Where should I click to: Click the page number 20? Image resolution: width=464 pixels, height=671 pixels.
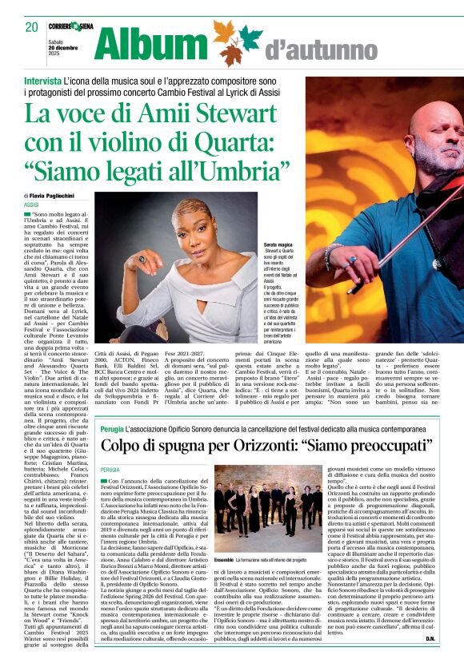tap(32, 27)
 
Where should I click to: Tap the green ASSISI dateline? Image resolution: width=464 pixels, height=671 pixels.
tap(32, 205)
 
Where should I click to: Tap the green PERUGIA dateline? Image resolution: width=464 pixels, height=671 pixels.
tap(110, 470)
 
